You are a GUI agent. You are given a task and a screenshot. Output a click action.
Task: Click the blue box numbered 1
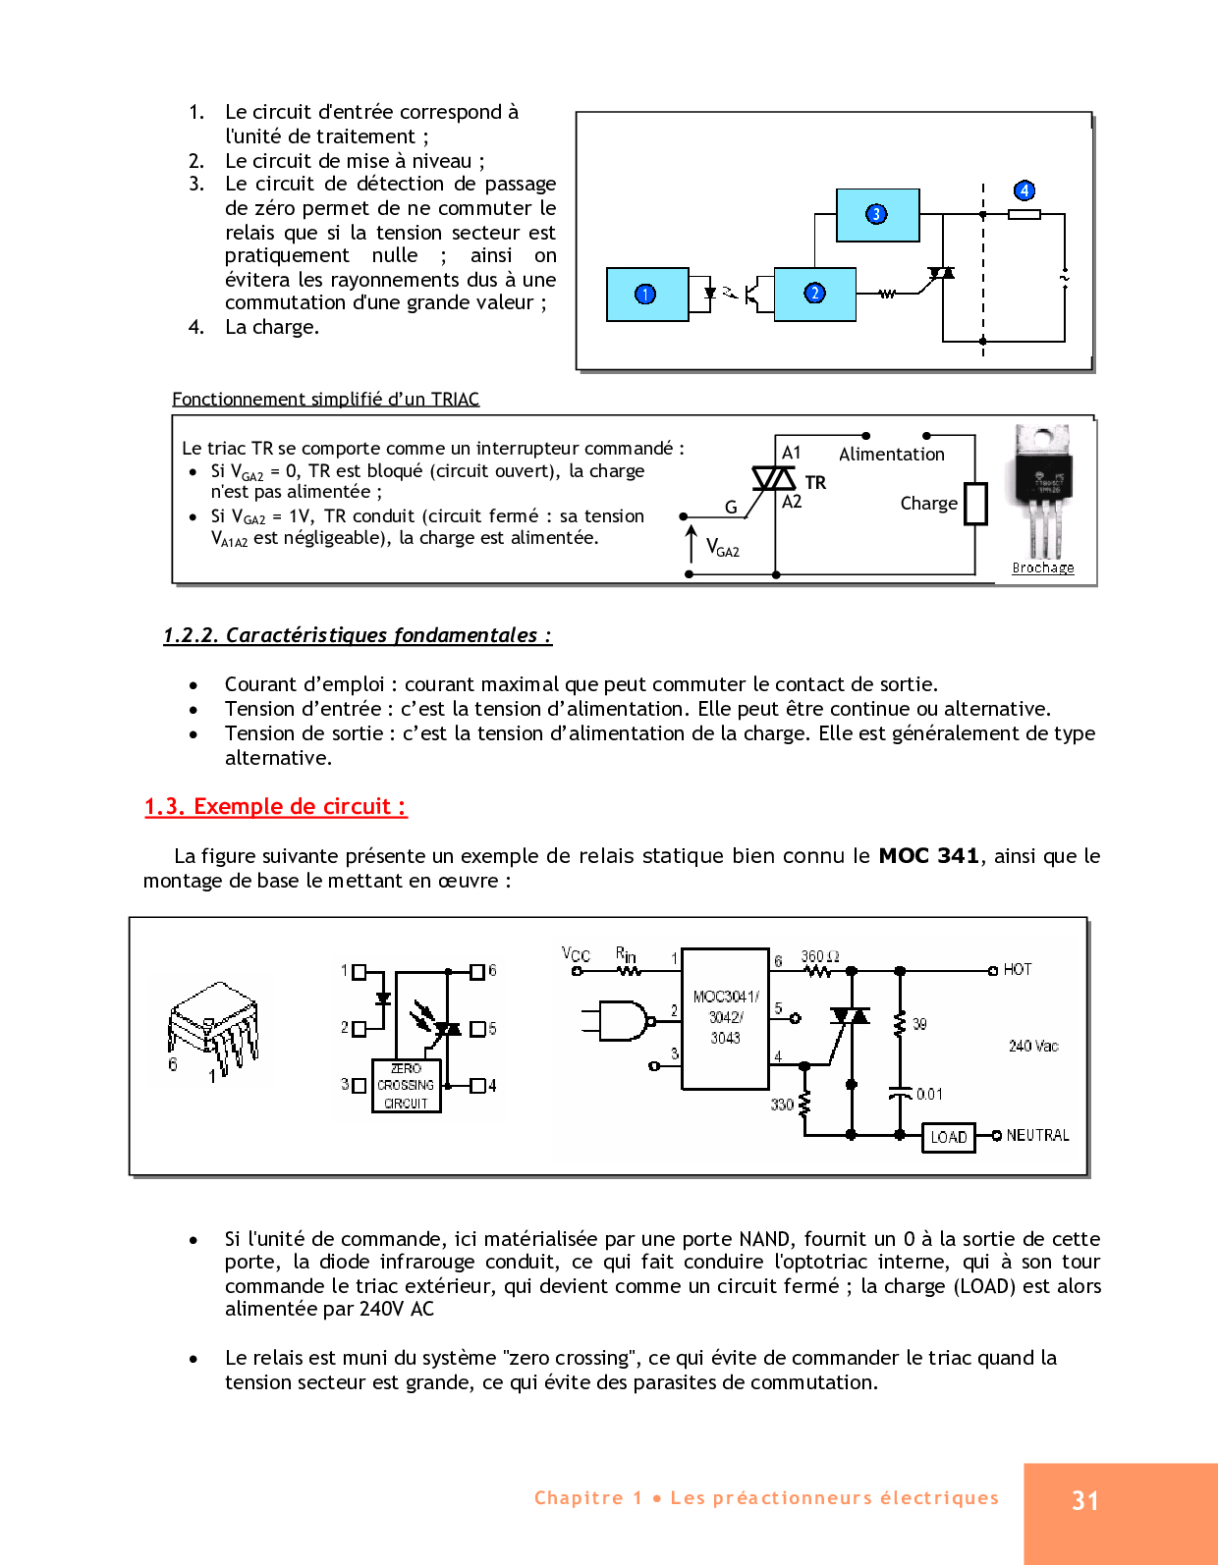[x=647, y=294]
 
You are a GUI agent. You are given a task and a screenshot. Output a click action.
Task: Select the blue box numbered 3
[x=877, y=215]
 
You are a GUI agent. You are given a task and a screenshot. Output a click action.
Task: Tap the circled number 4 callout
[x=1024, y=190]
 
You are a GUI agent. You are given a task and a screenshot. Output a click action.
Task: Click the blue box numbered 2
[x=814, y=294]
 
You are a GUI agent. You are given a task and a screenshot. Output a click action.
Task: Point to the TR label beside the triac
[x=815, y=482]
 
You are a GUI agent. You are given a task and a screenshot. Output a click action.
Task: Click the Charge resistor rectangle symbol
[x=976, y=504]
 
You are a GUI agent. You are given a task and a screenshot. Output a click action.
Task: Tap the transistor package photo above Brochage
[x=1042, y=491]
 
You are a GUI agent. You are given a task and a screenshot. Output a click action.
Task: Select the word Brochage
[x=1043, y=567]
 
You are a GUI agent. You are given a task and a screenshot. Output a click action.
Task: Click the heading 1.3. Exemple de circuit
[x=276, y=807]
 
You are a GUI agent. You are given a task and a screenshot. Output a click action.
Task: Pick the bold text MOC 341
[x=928, y=855]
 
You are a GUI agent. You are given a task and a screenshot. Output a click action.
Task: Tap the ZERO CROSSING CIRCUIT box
[x=407, y=1085]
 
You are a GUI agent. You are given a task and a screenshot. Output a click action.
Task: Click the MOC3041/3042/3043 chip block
[x=725, y=1018]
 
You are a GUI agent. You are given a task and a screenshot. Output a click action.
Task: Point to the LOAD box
[x=949, y=1137]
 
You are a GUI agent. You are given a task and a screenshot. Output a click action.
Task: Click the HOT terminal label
[x=1017, y=969]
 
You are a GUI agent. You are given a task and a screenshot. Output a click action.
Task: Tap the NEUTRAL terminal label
[x=1037, y=1135]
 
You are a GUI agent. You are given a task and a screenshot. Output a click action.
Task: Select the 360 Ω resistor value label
[x=819, y=956]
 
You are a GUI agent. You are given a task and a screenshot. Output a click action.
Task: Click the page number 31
[x=1085, y=1501]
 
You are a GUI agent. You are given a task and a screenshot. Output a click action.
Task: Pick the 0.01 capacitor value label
[x=929, y=1094]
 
